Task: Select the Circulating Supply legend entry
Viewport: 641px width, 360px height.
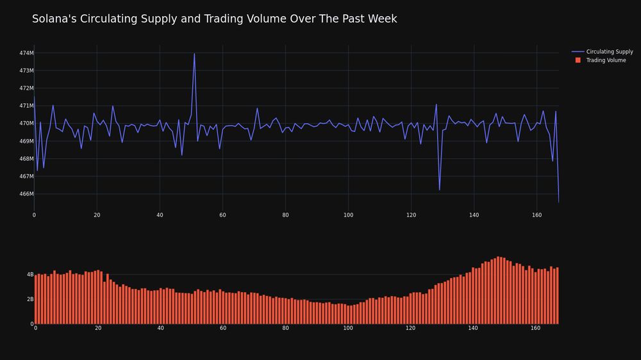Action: tap(602, 51)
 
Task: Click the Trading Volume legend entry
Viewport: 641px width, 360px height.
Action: tap(601, 60)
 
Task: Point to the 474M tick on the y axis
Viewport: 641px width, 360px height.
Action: tap(26, 53)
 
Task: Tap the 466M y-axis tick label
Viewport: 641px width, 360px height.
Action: tap(26, 193)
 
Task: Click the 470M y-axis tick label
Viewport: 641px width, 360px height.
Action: tap(26, 124)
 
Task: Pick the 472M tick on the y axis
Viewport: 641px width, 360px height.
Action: tap(26, 88)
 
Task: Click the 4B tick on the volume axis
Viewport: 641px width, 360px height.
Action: tap(30, 275)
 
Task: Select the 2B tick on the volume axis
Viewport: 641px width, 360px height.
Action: tap(30, 299)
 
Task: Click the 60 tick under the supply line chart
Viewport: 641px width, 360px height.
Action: tap(222, 215)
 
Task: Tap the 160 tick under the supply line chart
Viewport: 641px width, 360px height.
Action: tap(537, 215)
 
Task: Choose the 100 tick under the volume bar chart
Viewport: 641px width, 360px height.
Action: tap(348, 328)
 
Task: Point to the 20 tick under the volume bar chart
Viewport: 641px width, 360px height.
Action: tap(98, 328)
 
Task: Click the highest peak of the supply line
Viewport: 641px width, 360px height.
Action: tap(194, 54)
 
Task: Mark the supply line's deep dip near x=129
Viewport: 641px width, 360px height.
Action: tap(440, 190)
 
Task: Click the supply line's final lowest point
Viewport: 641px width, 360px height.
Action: tap(558, 202)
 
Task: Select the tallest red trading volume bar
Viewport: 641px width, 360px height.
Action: tap(498, 290)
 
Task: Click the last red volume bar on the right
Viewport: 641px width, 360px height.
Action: tap(557, 296)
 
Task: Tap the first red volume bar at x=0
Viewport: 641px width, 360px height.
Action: tap(36, 300)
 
